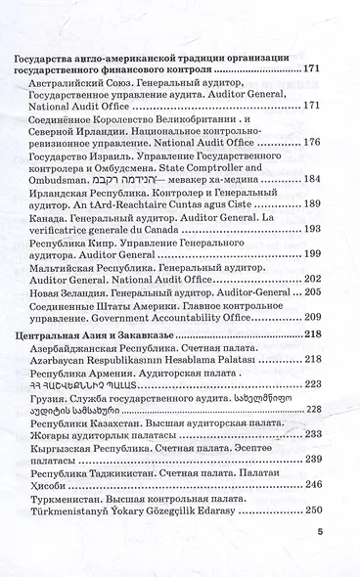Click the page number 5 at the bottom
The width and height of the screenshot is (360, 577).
320,532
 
